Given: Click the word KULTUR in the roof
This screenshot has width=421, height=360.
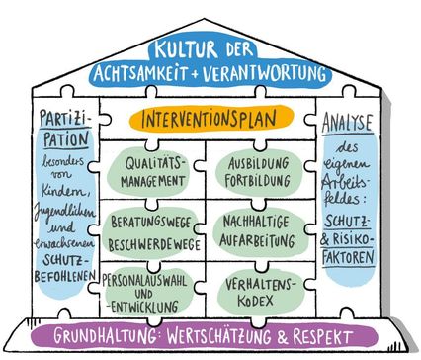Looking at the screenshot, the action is pos(187,49).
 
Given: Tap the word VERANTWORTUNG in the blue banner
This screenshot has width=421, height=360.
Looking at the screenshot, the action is pos(264,73).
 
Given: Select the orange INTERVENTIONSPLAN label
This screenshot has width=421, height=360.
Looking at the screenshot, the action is pos(209,119).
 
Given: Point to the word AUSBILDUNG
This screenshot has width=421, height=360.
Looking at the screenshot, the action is pos(259,163).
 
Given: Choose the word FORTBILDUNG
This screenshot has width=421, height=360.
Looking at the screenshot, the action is pos(258,181).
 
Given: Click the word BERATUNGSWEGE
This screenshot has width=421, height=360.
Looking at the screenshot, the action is pos(150,223).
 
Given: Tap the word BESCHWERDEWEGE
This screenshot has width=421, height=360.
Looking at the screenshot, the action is pos(154,244).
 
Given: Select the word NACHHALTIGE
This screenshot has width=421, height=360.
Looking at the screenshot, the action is pos(256,222).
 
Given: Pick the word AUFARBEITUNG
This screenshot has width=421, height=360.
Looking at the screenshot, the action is pos(257,240).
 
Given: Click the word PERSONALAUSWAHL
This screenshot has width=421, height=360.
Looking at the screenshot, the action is pos(144,281).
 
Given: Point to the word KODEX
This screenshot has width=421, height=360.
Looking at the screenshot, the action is pos(255,301).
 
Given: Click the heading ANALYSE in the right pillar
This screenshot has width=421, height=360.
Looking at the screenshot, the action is pos(347,123).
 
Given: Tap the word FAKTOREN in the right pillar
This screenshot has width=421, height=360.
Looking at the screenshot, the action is pos(349,257).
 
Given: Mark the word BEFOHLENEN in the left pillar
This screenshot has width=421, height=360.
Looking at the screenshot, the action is pos(65,276).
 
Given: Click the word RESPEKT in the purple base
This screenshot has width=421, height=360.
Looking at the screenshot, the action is pos(322,337).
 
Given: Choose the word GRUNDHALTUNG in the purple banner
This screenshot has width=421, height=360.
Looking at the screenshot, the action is pos(105,336).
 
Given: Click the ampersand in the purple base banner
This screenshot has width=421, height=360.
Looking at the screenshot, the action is pos(282,337).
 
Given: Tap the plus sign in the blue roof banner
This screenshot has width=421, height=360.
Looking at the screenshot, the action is pos(195,74).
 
